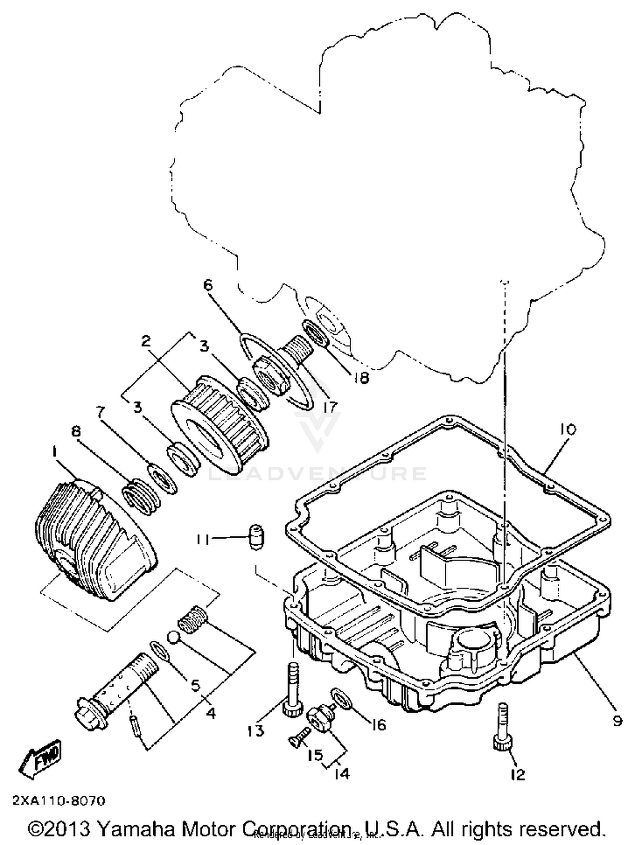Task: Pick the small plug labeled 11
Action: point(255,537)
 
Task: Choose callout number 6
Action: point(208,285)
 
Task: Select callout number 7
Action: point(100,412)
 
